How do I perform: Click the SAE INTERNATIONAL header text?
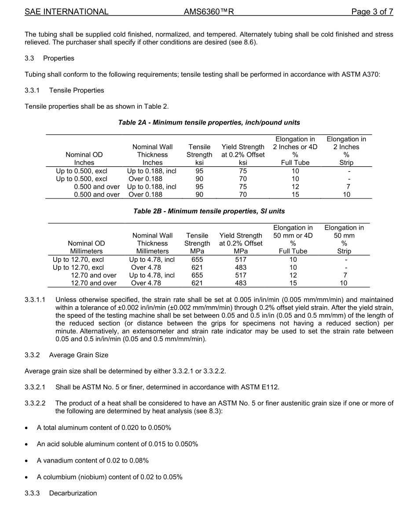tap(66, 12)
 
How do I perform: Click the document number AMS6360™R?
tap(209, 12)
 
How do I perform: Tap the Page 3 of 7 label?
tap(372, 12)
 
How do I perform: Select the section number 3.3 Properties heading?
tap(50, 58)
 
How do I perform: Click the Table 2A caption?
tap(209, 122)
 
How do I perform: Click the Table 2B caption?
tap(209, 211)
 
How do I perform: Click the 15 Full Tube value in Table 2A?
tap(295, 194)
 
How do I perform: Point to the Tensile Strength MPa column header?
tap(197, 243)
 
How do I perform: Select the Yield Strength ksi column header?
tap(243, 154)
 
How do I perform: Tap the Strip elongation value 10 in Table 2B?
tap(345, 283)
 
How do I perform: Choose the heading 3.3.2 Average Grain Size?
tap(66, 355)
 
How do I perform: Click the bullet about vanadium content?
tap(92, 460)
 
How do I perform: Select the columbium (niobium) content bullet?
tap(110, 477)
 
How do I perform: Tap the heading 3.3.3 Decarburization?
tap(61, 493)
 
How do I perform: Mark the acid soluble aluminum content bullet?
tap(117, 444)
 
